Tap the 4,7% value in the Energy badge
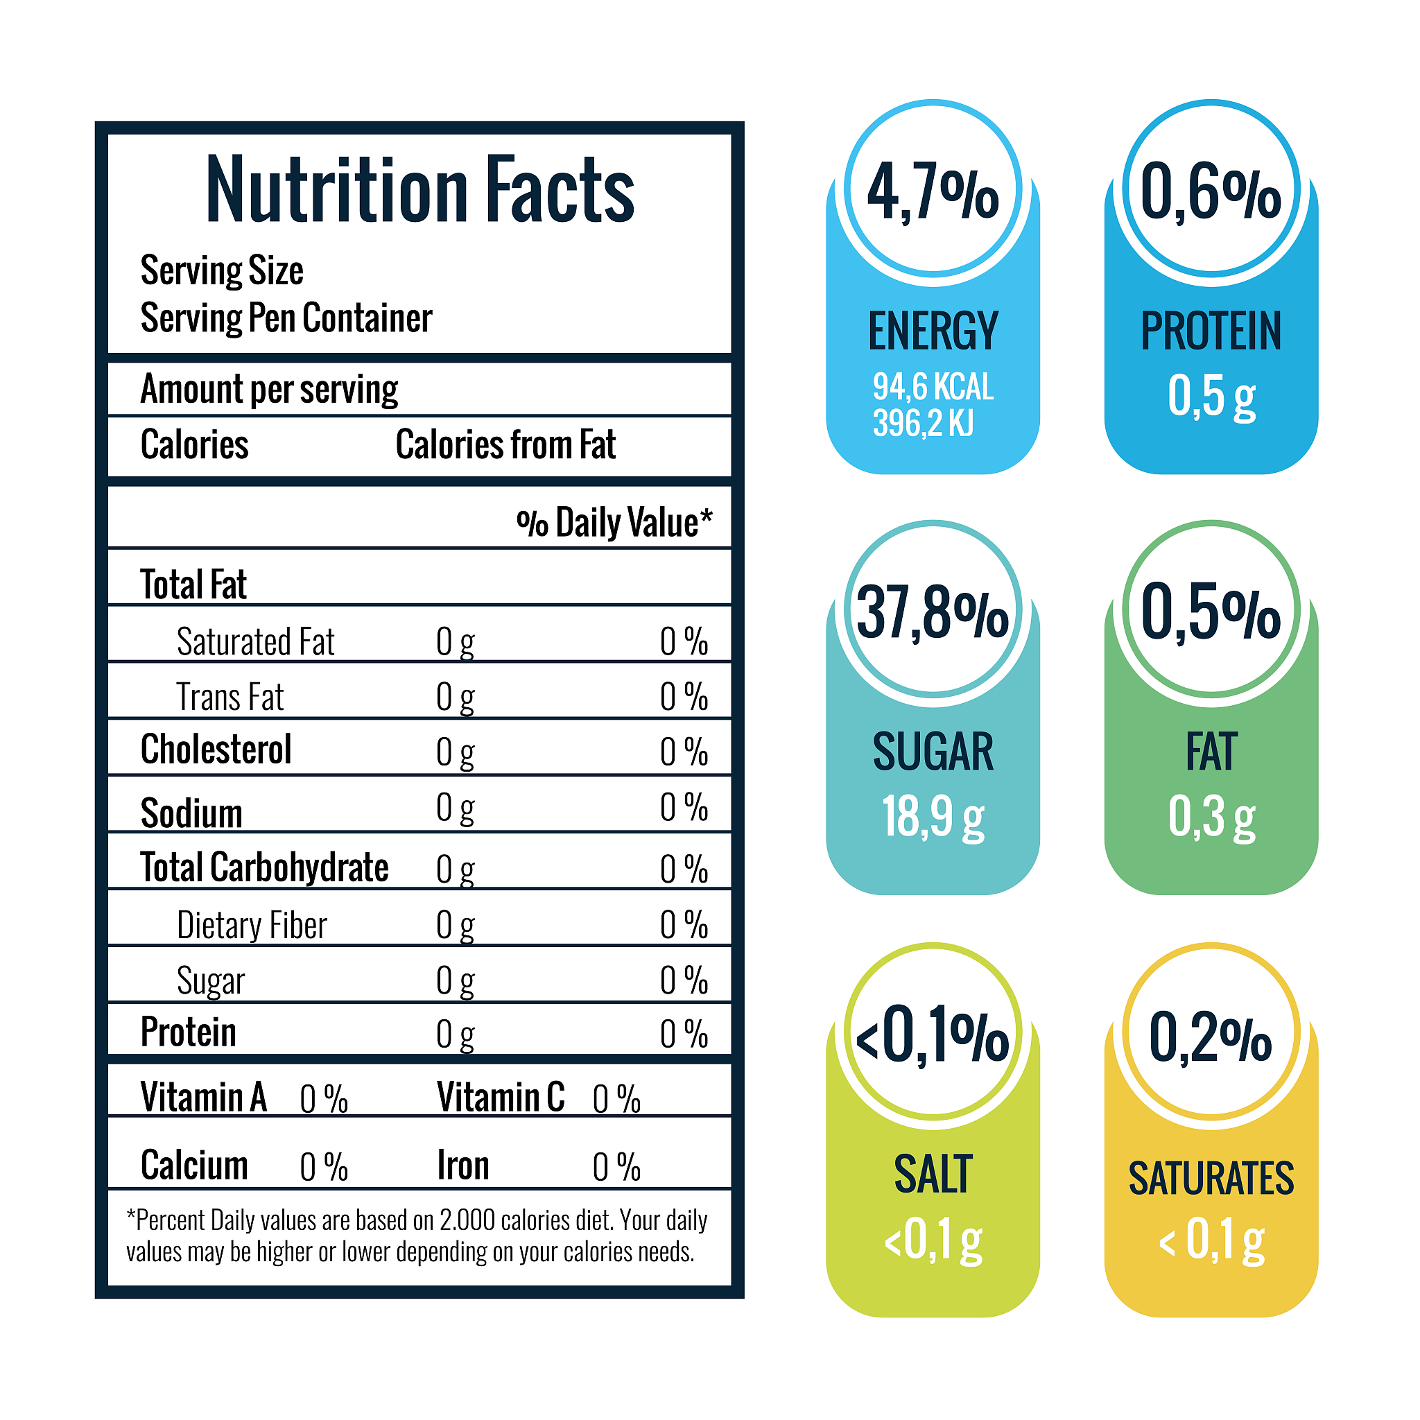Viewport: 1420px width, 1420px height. pos(933,193)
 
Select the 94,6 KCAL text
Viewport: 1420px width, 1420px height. pos(933,387)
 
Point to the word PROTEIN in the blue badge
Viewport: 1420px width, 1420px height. pos(1211,331)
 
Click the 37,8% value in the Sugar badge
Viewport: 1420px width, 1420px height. pos(933,612)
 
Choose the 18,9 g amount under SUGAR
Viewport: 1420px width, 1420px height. pos(933,817)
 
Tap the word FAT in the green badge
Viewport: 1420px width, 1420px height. pos(1211,752)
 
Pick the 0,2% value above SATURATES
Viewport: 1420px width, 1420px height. pos(1211,1037)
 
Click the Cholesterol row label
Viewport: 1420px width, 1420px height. pos(216,750)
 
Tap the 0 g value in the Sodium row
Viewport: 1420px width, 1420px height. pos(455,808)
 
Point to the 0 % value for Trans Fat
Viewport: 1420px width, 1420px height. pos(684,697)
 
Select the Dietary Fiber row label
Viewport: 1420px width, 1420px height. pos(252,926)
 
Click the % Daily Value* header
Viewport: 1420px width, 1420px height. pos(614,523)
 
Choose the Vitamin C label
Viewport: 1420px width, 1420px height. pos(501,1098)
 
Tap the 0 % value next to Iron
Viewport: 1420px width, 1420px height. pos(616,1167)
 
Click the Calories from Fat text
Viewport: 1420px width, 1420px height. pos(505,444)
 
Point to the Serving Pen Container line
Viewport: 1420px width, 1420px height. pos(286,318)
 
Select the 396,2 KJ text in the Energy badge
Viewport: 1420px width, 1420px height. pos(922,424)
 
